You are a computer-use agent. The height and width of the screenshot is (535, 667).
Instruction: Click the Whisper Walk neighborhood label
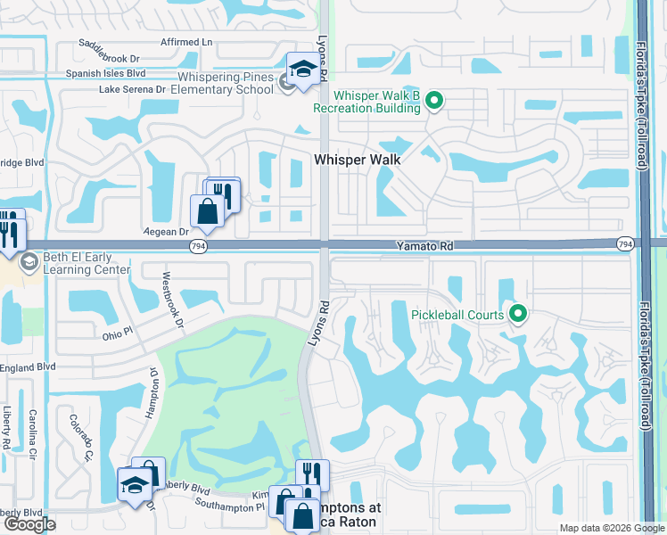(357, 160)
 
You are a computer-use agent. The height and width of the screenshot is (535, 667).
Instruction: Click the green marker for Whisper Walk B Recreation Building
(434, 100)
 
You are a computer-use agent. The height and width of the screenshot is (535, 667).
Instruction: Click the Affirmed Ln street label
(187, 42)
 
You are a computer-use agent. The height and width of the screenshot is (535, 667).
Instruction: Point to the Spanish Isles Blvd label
(105, 74)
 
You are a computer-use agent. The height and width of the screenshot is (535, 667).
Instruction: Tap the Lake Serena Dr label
(133, 90)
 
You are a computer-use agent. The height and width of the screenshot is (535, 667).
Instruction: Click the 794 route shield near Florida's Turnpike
(625, 243)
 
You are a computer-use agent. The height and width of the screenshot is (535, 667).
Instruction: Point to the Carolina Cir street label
(33, 430)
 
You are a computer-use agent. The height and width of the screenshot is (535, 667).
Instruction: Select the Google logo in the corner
(29, 524)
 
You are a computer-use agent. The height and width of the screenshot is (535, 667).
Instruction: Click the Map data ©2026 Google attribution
(612, 528)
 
